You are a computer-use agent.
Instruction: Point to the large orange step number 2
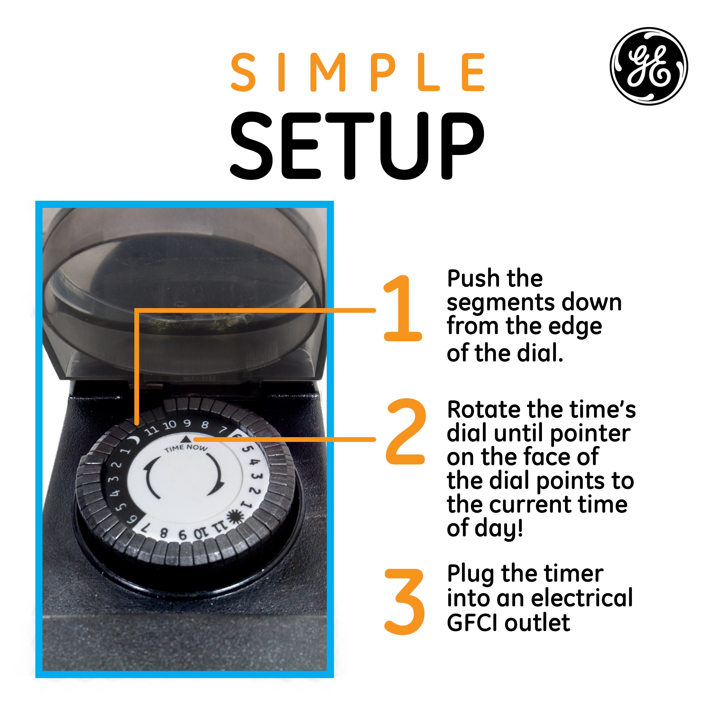pyautogui.click(x=405, y=431)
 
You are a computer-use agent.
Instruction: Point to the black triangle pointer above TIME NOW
pyautogui.click(x=186, y=439)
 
